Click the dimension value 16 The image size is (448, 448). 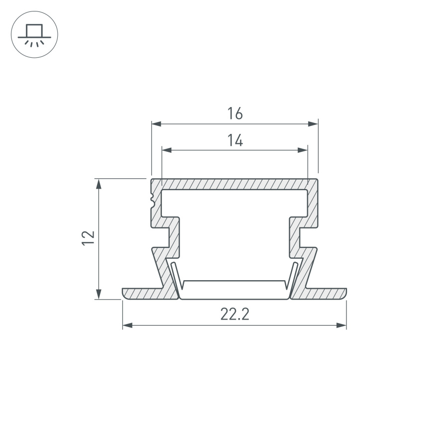point(235,113)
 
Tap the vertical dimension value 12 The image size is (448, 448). point(88,237)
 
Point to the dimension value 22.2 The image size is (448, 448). point(234,315)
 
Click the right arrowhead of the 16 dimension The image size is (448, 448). point(313,123)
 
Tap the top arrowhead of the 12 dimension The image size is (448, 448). point(99,183)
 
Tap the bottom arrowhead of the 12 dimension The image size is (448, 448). point(99,294)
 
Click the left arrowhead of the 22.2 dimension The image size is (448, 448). point(127,326)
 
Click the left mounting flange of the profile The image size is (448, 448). point(142,294)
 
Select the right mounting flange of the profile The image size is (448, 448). point(326,294)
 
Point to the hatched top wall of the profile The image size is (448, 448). point(234,184)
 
